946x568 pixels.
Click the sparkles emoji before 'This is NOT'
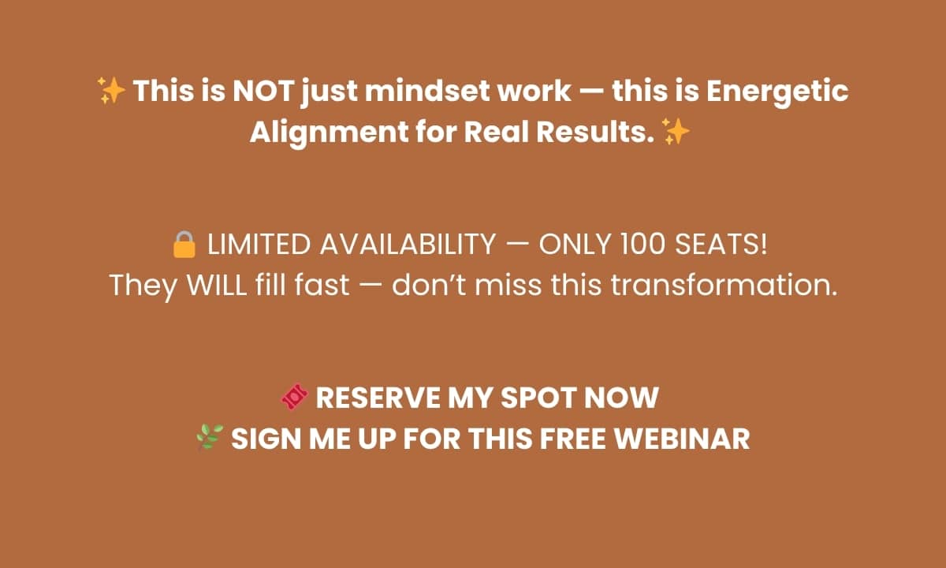111,91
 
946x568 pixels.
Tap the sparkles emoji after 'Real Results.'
676,132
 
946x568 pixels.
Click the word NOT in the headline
263,91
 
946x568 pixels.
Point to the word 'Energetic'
777,92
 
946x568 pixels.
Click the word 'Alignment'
329,133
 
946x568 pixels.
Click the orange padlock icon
184,245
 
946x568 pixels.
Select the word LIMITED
259,245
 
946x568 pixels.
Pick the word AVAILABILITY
408,245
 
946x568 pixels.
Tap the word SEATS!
721,245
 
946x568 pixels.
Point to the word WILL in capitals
217,285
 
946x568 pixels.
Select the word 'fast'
322,285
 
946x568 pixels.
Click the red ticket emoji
295,396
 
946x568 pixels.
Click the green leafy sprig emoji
210,437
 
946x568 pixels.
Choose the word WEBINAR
682,439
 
